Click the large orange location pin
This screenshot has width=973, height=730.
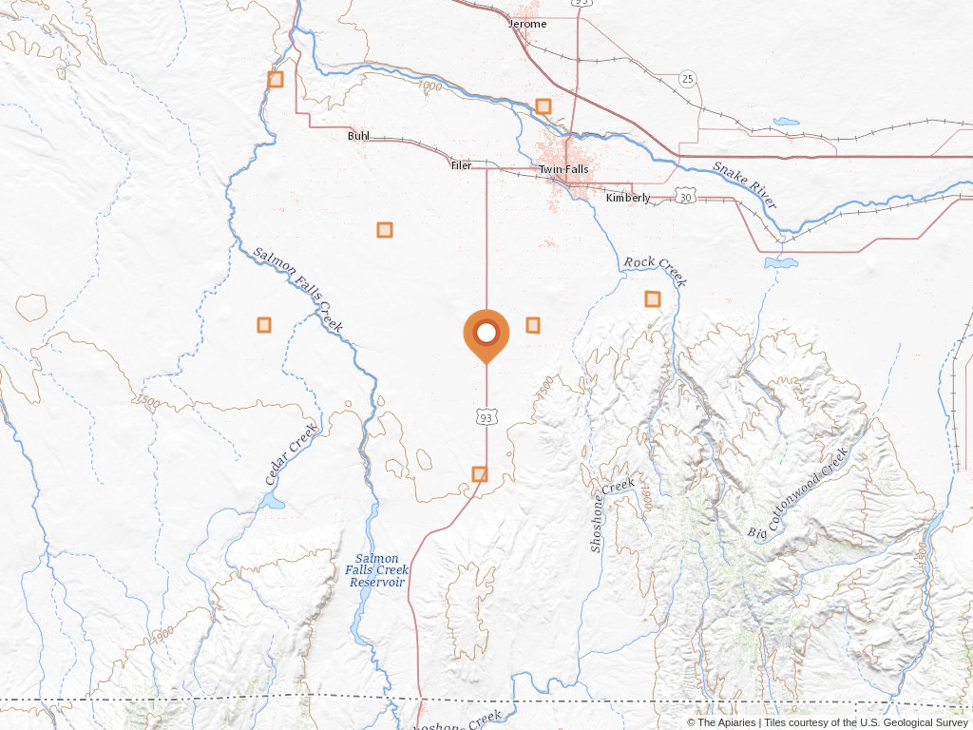tap(486, 334)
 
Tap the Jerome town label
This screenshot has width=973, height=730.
tap(527, 24)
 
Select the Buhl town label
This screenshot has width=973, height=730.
tap(358, 136)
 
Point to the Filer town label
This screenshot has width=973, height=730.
tap(461, 165)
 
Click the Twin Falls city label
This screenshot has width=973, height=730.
tap(563, 169)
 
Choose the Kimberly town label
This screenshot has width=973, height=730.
tap(628, 198)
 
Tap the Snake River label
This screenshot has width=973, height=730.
tap(745, 184)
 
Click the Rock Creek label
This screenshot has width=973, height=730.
tap(655, 270)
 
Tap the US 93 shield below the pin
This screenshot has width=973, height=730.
tap(486, 417)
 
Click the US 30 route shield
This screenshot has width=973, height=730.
tap(686, 195)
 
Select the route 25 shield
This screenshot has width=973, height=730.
tap(688, 78)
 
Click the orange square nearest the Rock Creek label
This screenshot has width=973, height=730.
tap(653, 298)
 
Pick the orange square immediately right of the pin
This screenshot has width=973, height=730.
tap(533, 325)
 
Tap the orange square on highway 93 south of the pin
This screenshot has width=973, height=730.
tap(480, 473)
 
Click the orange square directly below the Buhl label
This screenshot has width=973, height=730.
tap(385, 229)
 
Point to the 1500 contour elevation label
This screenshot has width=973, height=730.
tap(147, 402)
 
